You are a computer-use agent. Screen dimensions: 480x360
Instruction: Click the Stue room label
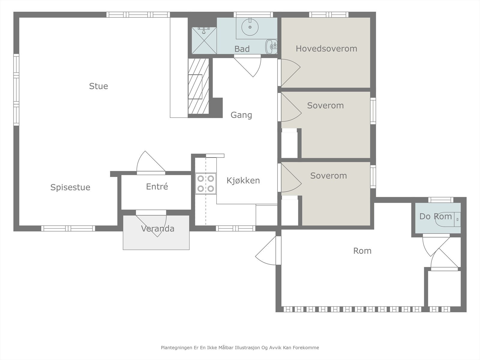98,86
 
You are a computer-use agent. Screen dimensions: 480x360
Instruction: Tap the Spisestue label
70,187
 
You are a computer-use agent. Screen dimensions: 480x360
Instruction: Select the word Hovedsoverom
326,49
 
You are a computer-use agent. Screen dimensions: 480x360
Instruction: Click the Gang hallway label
241,115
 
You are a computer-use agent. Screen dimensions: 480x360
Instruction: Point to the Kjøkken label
243,181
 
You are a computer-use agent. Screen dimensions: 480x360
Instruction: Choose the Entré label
157,186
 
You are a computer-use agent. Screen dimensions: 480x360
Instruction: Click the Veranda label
158,229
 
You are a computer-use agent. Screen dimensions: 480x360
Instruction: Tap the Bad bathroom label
242,49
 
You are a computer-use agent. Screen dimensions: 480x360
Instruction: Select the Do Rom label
436,216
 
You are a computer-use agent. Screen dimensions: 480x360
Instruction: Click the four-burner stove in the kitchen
206,184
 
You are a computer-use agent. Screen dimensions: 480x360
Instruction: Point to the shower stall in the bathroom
204,40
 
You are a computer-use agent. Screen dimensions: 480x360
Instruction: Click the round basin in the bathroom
250,27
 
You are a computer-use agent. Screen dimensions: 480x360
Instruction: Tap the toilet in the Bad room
271,46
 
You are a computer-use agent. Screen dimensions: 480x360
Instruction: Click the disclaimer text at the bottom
240,347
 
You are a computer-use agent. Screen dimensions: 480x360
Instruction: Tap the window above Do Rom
441,200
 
